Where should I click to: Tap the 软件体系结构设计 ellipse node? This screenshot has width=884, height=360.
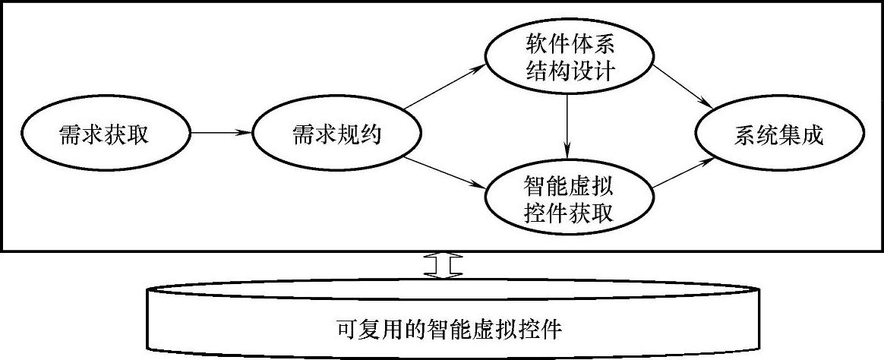(569, 57)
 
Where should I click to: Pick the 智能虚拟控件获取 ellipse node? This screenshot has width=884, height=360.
(569, 199)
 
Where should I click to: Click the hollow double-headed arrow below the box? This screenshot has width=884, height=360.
(444, 265)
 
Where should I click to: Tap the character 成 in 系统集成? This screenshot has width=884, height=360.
(814, 136)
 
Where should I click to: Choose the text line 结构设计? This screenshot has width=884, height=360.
(569, 72)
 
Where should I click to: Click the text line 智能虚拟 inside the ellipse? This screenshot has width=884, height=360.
(569, 184)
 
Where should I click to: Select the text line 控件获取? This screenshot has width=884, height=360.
(569, 213)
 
